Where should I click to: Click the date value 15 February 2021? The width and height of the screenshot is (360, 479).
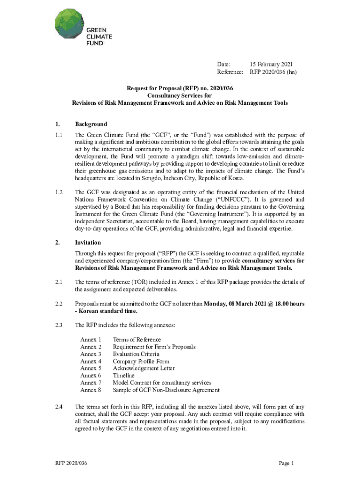point(271,64)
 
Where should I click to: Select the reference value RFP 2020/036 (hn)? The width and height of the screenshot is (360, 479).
point(273,72)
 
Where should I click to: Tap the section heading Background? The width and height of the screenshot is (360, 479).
point(91,124)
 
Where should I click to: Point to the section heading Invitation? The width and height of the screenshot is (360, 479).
point(88,243)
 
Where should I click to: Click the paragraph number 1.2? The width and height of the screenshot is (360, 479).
point(58,192)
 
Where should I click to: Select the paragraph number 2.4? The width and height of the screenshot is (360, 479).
point(58,406)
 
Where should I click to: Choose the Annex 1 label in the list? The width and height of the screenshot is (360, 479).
point(91,340)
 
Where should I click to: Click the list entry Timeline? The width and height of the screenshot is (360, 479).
point(123,375)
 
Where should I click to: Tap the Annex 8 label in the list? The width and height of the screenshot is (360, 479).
point(91,390)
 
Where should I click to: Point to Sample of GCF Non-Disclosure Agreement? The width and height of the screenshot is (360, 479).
point(166,390)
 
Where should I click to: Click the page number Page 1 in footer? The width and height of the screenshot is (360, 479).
point(286,463)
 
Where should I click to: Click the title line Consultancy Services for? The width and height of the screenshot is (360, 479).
point(180,95)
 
